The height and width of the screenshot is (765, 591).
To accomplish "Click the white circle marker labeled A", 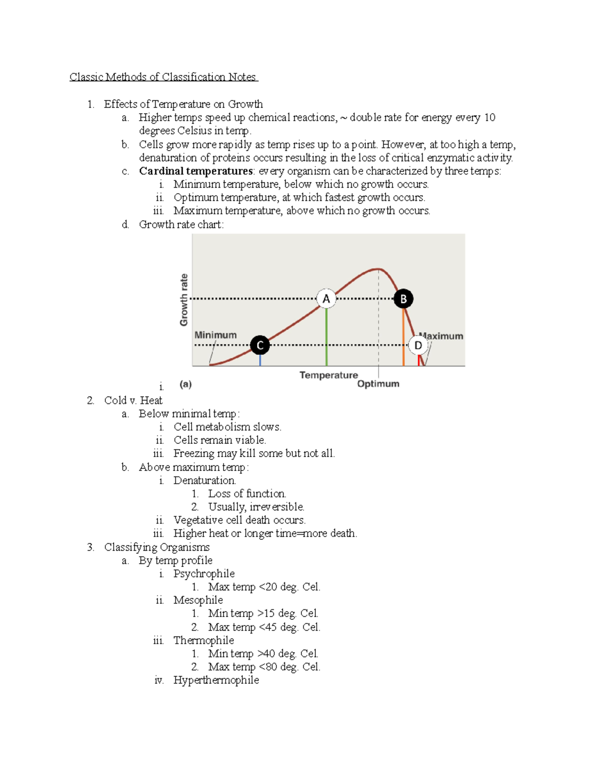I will pyautogui.click(x=326, y=299).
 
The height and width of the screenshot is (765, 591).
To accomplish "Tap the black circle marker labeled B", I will pyautogui.click(x=403, y=299).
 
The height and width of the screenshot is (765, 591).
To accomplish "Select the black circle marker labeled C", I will pyautogui.click(x=260, y=345).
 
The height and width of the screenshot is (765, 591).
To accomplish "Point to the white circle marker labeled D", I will pyautogui.click(x=418, y=345).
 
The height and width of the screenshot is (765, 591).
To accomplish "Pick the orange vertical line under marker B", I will pyautogui.click(x=403, y=337).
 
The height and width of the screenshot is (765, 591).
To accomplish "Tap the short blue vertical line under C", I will pyautogui.click(x=260, y=360).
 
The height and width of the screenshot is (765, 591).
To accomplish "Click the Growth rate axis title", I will pyautogui.click(x=184, y=299).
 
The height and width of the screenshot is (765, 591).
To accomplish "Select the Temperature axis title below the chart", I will pyautogui.click(x=328, y=375).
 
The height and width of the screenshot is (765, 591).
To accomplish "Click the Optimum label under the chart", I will pyautogui.click(x=378, y=384).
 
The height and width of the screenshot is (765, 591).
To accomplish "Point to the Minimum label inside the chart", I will pyautogui.click(x=215, y=335).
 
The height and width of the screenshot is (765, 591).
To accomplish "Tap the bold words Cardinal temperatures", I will pyautogui.click(x=196, y=171).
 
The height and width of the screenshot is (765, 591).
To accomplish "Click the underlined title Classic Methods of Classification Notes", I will pyautogui.click(x=163, y=77).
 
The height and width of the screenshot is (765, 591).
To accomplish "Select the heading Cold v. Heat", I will pyautogui.click(x=133, y=400).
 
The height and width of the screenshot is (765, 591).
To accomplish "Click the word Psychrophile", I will pyautogui.click(x=204, y=573).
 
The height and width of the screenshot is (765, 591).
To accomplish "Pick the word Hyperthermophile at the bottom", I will pyautogui.click(x=216, y=680).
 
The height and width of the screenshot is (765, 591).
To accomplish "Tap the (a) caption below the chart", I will pyautogui.click(x=186, y=384).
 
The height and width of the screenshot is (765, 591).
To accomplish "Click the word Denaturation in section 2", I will pyautogui.click(x=204, y=480).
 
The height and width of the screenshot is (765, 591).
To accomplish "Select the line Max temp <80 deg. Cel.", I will pyautogui.click(x=264, y=666).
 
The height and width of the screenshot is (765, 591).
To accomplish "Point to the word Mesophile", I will pyautogui.click(x=198, y=600).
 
